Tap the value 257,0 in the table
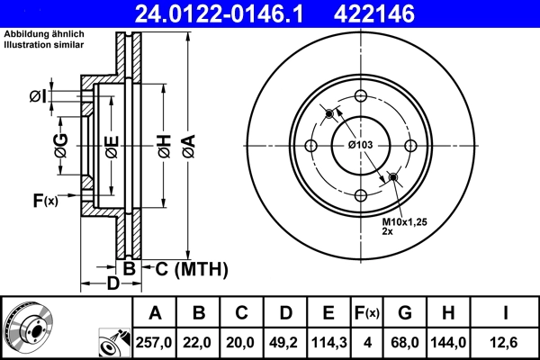coord(154,342)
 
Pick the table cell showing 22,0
coord(199,342)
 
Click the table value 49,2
coord(284,342)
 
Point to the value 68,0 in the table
coord(405,342)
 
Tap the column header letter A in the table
coord(154,313)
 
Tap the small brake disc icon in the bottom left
coord(28,327)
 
